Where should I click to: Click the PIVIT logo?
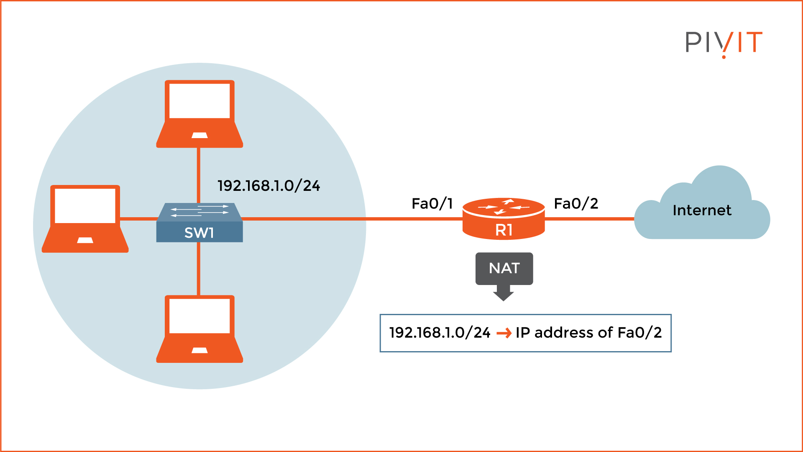tap(724, 43)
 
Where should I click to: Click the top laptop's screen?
tap(199, 100)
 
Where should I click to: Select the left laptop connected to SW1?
tap(85, 218)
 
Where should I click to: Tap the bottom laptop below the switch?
tap(199, 329)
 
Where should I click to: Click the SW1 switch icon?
tap(199, 223)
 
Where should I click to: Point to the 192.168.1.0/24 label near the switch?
tap(269, 186)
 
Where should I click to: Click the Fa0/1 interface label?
tap(432, 204)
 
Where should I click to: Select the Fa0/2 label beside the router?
tap(576, 204)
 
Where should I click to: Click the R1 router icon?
tap(504, 218)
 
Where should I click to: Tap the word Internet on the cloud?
tap(702, 210)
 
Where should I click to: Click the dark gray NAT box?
tap(504, 268)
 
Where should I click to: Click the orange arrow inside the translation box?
tap(504, 333)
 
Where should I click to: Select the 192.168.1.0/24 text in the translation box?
tap(440, 333)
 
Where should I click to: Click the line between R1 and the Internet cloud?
tap(590, 218)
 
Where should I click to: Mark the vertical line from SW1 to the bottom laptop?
tap(199, 269)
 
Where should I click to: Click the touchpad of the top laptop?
tap(199, 135)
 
